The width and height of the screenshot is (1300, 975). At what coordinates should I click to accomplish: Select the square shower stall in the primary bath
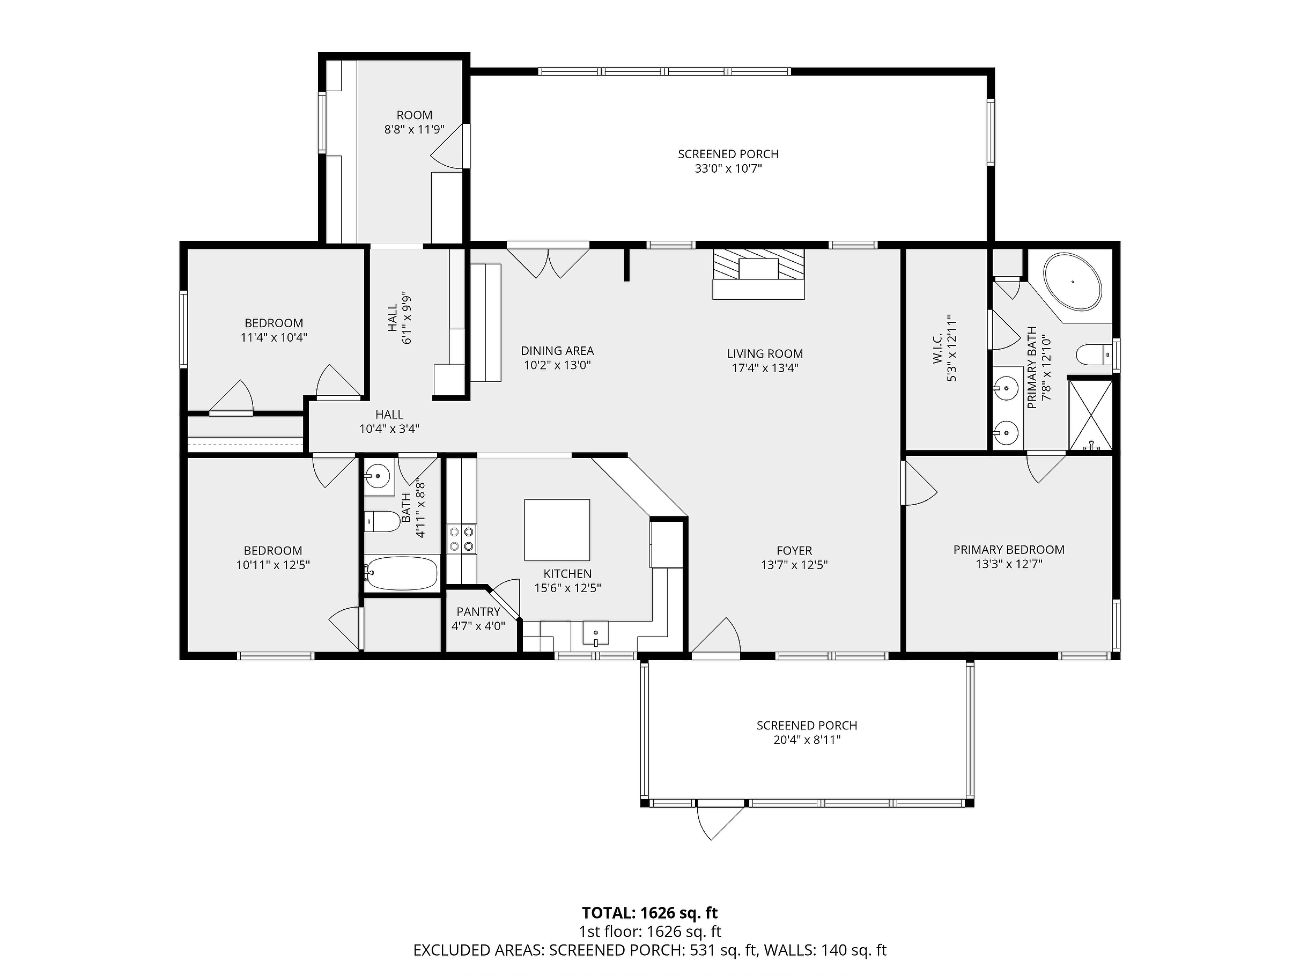[x=1090, y=416]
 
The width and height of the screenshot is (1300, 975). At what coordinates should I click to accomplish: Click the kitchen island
[x=557, y=529]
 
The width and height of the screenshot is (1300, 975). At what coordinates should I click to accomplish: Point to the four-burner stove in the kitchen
[x=461, y=539]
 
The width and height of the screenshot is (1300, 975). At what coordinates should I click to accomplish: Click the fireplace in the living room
[x=758, y=274]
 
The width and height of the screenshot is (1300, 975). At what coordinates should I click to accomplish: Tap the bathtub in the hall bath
[x=401, y=573]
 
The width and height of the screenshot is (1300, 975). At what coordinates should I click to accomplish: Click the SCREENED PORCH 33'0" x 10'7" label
[x=728, y=161]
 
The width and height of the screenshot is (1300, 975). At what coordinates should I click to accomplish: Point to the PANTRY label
[x=478, y=612]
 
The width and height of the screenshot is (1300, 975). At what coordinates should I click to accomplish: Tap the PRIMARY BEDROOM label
[x=1008, y=550]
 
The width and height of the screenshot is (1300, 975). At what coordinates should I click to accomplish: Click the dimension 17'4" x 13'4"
[x=765, y=368]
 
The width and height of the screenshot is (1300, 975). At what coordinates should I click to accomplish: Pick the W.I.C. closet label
[x=937, y=348]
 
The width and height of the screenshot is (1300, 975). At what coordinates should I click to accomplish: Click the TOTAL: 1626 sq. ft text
[x=649, y=913]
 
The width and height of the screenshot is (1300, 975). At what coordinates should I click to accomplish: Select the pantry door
[x=505, y=600]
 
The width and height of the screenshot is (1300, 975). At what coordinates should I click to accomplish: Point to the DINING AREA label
[x=557, y=351]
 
